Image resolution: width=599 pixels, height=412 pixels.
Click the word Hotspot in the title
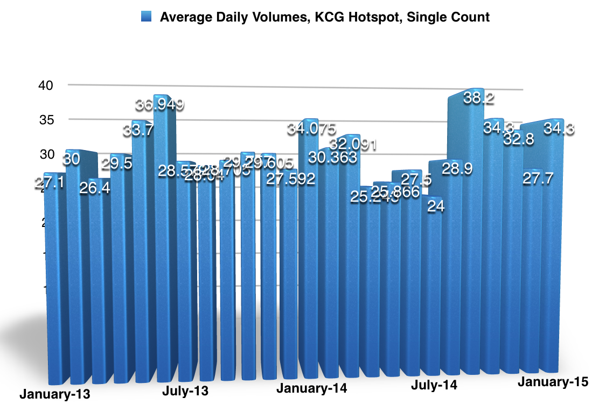point(374,17)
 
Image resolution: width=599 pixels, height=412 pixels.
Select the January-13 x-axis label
point(55,393)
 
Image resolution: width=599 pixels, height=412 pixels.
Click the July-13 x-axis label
point(185,391)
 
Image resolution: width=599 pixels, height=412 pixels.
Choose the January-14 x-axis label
point(312,388)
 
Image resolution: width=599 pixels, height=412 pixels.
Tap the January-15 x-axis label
point(553,382)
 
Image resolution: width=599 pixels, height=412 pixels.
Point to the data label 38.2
point(479,98)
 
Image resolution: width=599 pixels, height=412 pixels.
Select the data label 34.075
point(312,129)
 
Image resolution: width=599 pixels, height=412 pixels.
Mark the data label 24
point(435,207)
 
